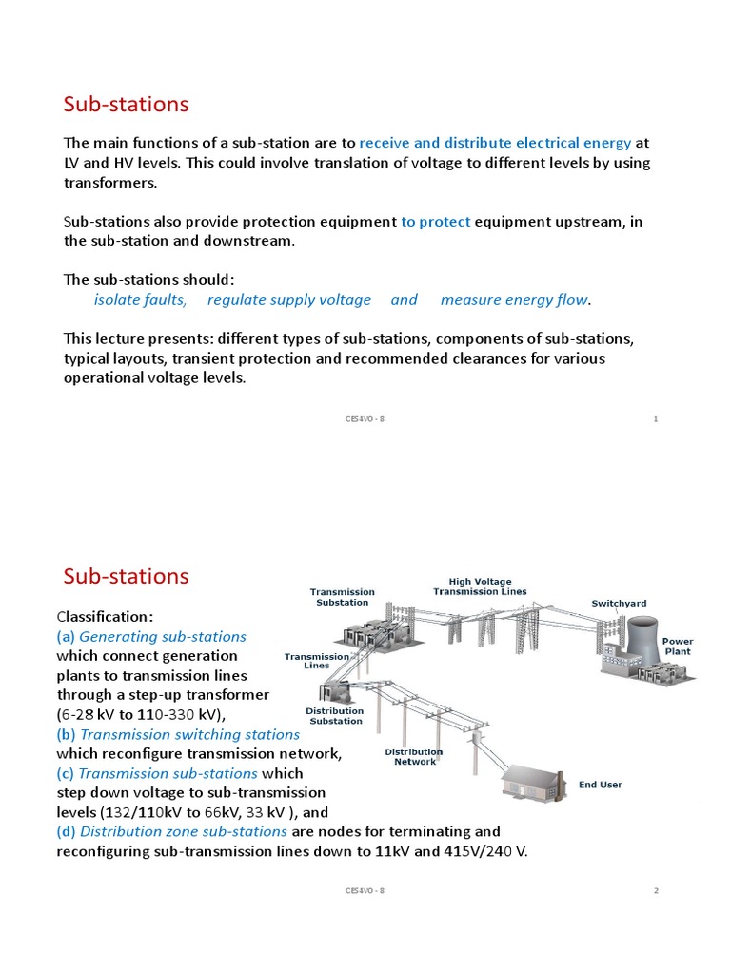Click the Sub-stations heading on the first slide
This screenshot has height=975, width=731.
pos(126,104)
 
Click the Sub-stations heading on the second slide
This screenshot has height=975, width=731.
pos(126,576)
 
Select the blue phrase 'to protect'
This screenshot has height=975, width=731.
pos(435,222)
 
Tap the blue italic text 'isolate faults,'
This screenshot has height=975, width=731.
pos(140,300)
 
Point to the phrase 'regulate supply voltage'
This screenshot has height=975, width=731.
pos(289,300)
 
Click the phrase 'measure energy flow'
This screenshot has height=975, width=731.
pos(514,300)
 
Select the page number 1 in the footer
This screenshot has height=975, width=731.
pos(656,419)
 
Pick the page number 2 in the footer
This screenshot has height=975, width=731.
pos(656,891)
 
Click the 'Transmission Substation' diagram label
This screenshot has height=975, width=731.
pos(342,597)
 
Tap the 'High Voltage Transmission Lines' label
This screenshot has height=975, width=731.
pos(480,587)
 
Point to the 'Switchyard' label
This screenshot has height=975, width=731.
pos(618,604)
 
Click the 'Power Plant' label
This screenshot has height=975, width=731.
pos(678,647)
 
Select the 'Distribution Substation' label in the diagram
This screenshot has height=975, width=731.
pos(334,716)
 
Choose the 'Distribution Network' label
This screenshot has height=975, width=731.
pos(414,757)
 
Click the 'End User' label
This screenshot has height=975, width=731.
pos(600,785)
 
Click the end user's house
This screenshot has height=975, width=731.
pos(534,782)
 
